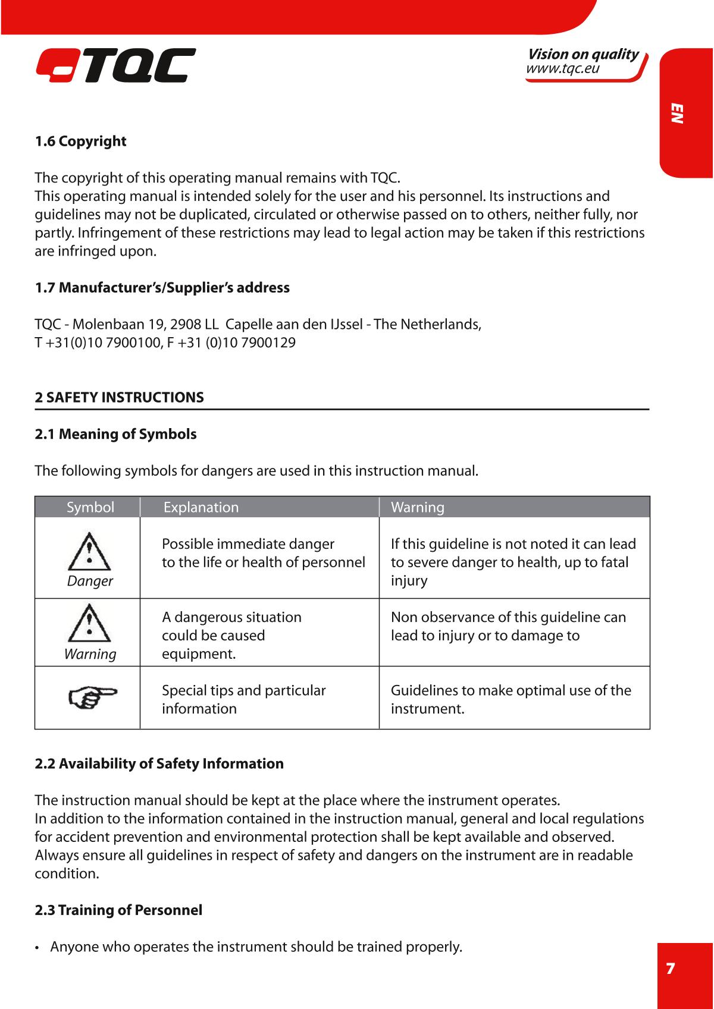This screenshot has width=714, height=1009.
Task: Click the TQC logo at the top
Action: (115, 65)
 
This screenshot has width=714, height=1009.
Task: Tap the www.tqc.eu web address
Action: (562, 68)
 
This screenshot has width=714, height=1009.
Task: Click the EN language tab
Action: (677, 113)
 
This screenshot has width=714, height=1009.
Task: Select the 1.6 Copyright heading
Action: (80, 142)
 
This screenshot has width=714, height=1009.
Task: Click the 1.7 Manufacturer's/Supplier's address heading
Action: (162, 288)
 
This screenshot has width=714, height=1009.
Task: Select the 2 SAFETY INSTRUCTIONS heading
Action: (119, 397)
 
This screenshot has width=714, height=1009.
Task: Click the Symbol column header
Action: (90, 507)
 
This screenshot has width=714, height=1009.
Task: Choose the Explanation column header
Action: (201, 507)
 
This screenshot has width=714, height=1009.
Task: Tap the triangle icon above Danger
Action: (89, 552)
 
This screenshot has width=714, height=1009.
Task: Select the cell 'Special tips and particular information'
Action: (244, 699)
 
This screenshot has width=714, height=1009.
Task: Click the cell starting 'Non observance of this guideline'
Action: (508, 626)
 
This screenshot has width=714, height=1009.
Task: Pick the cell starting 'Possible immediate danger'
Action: (263, 553)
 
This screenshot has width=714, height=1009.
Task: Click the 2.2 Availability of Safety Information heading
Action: (159, 763)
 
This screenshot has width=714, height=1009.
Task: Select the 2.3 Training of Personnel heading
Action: (118, 910)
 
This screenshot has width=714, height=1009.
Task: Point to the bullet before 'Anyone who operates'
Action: (37, 947)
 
